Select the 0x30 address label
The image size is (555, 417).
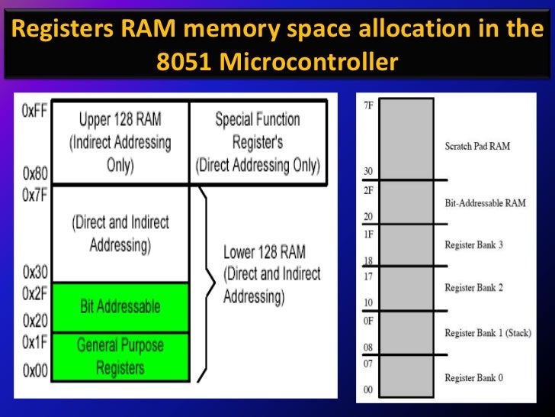click(x=36, y=272)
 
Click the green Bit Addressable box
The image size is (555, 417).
click(x=120, y=307)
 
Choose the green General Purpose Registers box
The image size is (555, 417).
click(x=120, y=357)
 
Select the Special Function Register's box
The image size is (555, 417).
click(x=258, y=142)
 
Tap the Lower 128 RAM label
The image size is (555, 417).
click(x=271, y=274)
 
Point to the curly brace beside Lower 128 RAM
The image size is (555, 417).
click(x=204, y=283)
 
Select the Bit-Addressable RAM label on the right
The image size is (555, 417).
click(x=484, y=203)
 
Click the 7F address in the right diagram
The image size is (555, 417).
click(x=369, y=105)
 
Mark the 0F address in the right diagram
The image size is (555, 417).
click(x=368, y=321)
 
